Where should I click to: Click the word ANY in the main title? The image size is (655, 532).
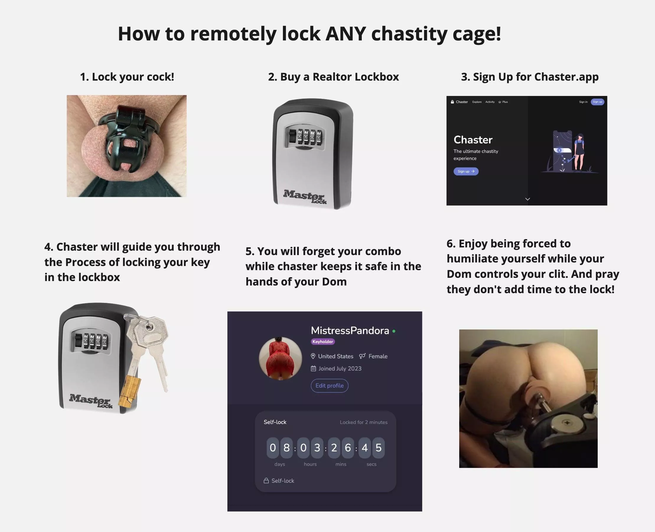[x=346, y=34]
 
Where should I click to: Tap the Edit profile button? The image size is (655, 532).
[x=330, y=386]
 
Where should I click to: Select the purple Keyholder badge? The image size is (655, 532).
[x=323, y=341]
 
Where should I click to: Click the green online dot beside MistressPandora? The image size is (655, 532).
[x=394, y=331]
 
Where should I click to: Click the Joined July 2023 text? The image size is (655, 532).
[x=340, y=368]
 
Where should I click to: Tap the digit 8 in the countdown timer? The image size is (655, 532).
[x=286, y=448]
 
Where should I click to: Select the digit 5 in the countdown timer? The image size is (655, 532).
[x=379, y=448]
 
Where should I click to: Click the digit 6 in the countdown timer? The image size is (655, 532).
[x=348, y=448]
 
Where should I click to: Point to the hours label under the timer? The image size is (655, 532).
[x=310, y=464]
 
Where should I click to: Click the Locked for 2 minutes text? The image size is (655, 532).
[x=364, y=422]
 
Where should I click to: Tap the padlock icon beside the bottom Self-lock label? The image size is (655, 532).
[x=266, y=481]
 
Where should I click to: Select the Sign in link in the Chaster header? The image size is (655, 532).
[x=583, y=102]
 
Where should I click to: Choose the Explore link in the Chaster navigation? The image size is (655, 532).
[x=477, y=102]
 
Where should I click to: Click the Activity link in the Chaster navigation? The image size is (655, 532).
[x=490, y=102]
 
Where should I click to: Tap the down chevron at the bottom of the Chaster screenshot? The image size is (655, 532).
[x=527, y=199]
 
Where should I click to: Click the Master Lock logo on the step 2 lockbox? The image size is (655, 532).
[x=305, y=196]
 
